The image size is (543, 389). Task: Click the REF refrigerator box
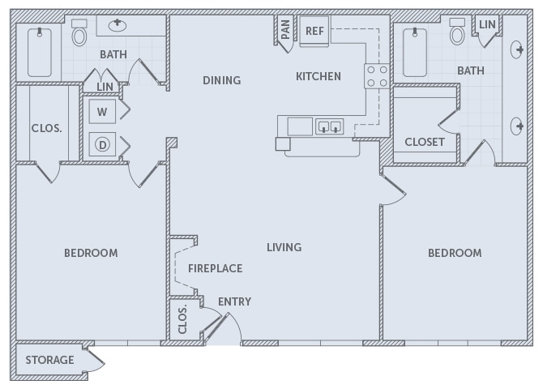314,31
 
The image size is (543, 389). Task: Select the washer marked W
103,111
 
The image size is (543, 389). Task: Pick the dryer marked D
103,145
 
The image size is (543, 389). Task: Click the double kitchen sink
329,126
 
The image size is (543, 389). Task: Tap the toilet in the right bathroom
457,34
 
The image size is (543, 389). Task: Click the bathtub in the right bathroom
417,52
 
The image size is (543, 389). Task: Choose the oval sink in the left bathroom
118,24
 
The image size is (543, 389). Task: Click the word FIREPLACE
215,268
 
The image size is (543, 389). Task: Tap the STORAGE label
49,360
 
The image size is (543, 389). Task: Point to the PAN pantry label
285,30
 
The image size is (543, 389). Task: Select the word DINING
222,80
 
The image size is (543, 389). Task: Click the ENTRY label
234,301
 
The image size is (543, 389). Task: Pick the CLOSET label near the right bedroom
425,142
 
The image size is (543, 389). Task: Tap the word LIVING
284,247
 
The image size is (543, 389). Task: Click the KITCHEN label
318,77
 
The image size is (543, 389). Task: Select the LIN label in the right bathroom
486,25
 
